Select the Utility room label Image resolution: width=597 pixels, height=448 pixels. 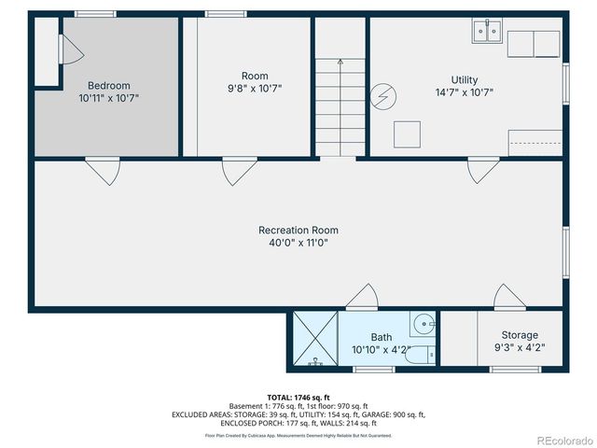pos(465,80)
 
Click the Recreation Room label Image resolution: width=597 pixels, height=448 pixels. pos(298,231)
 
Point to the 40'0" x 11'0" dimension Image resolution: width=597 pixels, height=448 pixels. pos(298,243)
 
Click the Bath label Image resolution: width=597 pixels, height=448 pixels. pos(382,338)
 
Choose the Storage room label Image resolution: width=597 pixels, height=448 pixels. pos(520,335)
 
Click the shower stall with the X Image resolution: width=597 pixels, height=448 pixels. pos(314,339)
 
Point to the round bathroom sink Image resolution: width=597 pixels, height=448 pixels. pos(424,325)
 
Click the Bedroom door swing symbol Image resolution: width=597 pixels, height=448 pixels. pos(102,171)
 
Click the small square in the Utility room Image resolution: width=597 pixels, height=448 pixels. pos(407,134)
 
